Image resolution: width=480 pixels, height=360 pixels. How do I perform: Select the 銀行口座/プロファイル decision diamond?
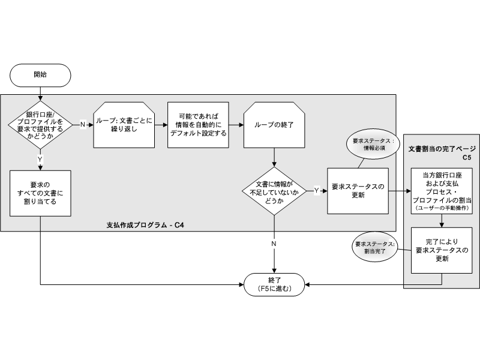click(40, 125)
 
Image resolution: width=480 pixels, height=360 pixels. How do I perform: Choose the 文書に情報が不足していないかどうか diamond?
click(274, 191)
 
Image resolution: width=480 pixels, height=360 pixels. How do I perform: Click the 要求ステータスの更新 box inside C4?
click(357, 191)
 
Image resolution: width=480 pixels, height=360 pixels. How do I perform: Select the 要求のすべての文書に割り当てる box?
click(40, 193)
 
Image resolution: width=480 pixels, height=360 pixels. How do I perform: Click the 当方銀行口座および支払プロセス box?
click(442, 190)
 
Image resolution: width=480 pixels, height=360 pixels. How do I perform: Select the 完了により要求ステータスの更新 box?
click(442, 250)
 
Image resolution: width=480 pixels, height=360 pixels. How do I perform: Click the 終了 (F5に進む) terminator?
click(274, 284)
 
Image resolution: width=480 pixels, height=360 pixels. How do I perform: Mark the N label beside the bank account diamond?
click(83, 125)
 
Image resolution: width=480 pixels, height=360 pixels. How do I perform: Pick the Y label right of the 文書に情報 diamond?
click(316, 191)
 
